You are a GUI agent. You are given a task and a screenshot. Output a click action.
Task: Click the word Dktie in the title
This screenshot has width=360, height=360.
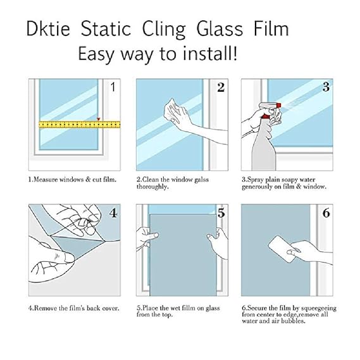48,28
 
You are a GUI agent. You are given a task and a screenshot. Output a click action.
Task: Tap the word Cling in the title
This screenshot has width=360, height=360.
164,30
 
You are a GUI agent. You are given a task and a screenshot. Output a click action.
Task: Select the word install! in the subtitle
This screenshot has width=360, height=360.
209,53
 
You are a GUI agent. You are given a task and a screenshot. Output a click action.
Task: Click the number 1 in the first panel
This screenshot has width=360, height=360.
113,87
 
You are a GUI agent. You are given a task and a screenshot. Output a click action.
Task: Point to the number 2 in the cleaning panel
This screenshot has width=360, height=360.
221,87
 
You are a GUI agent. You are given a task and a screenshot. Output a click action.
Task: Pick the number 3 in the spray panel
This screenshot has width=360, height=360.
326,87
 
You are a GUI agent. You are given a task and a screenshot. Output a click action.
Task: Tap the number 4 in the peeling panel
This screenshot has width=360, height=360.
113,213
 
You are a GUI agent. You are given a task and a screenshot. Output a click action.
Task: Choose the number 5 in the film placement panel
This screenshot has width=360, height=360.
221,213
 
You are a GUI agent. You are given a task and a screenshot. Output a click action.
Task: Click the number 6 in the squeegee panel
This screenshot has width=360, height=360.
326,213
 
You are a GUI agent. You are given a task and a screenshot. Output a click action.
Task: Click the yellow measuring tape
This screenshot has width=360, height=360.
80,125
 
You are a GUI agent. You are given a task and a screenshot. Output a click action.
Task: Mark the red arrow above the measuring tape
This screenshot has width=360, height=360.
98,119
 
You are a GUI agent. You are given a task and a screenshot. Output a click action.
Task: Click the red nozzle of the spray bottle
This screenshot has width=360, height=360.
278,106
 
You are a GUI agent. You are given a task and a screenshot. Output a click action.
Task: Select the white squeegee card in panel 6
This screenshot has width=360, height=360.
282,249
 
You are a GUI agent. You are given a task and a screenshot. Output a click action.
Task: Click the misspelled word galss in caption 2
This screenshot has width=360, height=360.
201,179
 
